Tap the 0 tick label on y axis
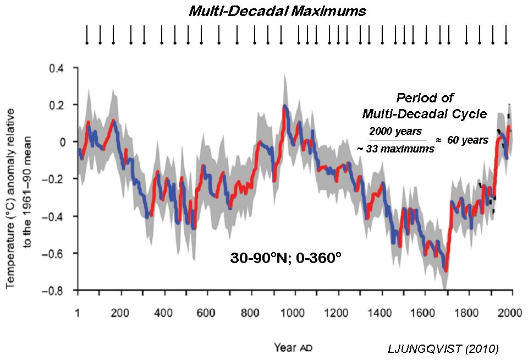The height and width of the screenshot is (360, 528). click(63, 142)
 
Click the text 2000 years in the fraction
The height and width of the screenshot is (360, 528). click(395, 132)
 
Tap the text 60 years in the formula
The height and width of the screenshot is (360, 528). click(467, 140)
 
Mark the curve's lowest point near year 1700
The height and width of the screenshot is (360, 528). click(446, 270)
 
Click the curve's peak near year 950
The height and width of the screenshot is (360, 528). click(284, 106)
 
